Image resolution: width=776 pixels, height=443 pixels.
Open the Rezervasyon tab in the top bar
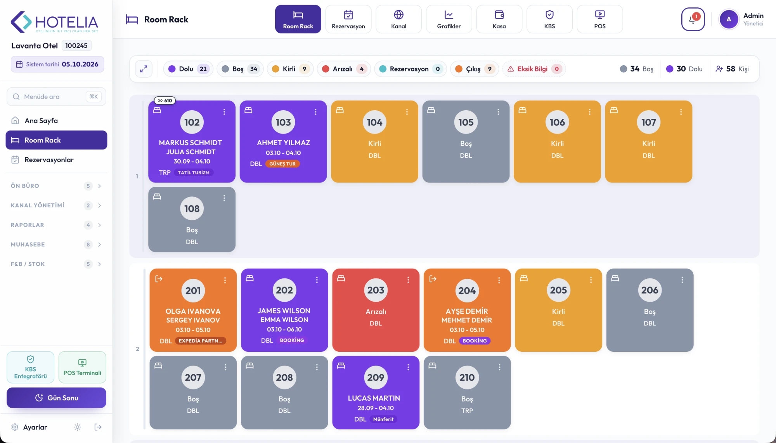348,19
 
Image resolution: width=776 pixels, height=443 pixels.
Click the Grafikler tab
449,19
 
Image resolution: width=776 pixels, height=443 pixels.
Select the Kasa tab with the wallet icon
499,19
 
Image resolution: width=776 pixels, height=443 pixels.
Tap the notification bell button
693,19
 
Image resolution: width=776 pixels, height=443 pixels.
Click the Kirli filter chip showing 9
290,69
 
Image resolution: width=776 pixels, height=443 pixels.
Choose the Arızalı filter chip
343,69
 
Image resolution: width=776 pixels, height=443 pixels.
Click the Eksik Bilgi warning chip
534,69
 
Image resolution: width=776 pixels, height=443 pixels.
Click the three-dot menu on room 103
315,112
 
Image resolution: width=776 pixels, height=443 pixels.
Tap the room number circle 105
466,122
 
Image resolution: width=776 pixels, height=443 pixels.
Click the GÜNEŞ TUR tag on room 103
282,164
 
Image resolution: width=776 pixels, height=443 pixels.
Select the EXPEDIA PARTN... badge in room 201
201,341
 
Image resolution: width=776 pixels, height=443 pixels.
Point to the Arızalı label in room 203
376,311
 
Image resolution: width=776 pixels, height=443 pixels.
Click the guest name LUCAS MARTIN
374,398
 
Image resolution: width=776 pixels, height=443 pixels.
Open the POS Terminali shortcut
82,367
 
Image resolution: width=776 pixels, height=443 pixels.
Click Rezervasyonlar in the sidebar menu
49,160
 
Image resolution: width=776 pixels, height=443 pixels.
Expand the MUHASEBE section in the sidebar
56,244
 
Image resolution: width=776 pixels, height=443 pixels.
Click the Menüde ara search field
56,97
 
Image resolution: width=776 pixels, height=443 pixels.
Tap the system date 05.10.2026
80,64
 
